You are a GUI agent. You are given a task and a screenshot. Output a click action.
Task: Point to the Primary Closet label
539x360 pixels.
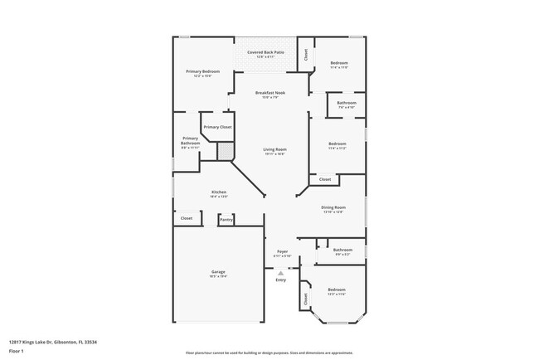217,127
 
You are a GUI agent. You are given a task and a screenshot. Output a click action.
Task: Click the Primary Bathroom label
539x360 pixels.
190,141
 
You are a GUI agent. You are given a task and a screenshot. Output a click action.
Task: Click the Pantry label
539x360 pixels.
226,220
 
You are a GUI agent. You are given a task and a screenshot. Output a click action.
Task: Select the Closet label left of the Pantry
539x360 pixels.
187,218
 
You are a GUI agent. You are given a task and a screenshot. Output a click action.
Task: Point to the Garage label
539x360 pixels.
218,272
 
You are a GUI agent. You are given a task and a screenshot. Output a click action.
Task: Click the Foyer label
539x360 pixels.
282,251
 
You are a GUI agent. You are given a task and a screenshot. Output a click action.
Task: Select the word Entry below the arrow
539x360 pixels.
281,280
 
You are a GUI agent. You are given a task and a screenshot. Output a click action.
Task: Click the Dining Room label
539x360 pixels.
333,207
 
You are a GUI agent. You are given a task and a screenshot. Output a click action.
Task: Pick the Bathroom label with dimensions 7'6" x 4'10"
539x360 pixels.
346,103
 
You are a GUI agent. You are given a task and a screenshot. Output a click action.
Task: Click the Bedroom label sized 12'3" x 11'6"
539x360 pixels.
337,289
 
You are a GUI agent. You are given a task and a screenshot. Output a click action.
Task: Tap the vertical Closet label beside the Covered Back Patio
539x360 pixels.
305,54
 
